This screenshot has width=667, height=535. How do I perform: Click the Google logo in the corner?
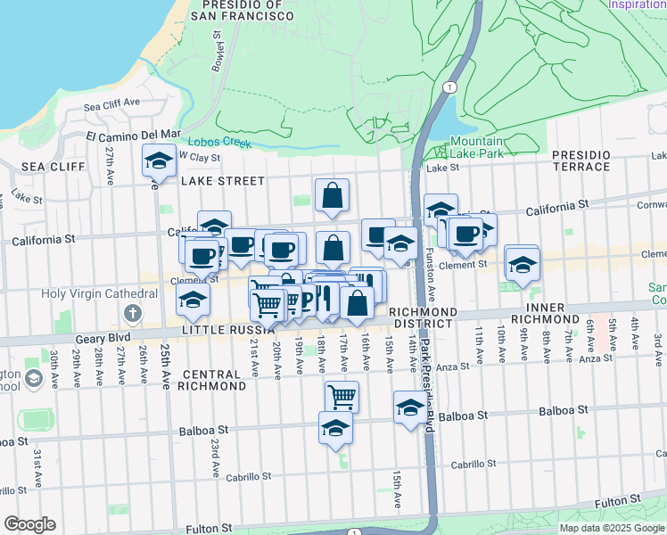point(29,524)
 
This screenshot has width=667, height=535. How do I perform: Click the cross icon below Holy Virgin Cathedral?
point(132,312)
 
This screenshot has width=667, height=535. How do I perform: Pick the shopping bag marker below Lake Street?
point(332,195)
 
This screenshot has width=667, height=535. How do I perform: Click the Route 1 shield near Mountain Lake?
point(449,87)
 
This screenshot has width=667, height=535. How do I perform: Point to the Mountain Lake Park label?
point(476,147)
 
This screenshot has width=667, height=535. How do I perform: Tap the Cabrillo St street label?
point(473,464)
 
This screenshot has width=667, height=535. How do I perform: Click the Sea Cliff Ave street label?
point(112,105)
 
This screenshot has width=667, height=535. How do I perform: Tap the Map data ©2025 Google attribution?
point(611,528)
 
